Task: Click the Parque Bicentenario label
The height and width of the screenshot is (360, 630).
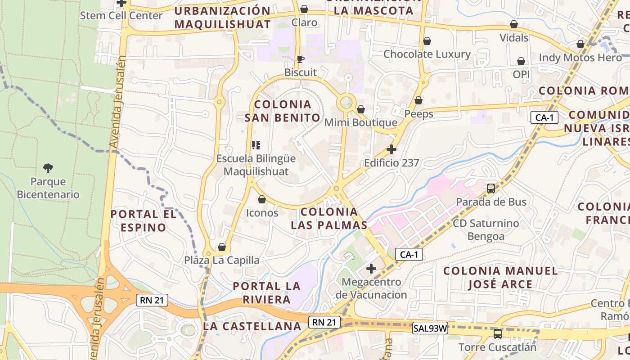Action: (x=48, y=188)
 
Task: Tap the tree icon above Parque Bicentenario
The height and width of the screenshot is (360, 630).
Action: (x=48, y=168)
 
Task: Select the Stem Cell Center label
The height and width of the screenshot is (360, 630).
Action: (x=121, y=15)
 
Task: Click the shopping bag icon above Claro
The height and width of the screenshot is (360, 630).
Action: (x=304, y=9)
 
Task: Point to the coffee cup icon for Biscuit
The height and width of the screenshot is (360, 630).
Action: (x=300, y=59)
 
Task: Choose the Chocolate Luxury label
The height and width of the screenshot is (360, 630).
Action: (x=427, y=54)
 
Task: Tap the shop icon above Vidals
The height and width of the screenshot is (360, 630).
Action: (x=514, y=24)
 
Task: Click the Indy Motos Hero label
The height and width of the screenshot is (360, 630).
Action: (x=580, y=58)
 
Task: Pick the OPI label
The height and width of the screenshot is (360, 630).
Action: (x=521, y=74)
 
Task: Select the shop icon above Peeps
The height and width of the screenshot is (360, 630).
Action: (x=418, y=100)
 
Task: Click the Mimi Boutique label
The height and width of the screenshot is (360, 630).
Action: (x=360, y=122)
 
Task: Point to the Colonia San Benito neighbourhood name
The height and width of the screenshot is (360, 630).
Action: (x=283, y=111)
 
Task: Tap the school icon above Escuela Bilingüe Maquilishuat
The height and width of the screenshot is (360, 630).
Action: (x=256, y=145)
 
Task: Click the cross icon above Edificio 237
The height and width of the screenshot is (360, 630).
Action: (x=391, y=149)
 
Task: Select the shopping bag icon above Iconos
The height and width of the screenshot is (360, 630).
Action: (x=262, y=199)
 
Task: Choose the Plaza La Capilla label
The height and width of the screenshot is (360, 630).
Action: (x=221, y=260)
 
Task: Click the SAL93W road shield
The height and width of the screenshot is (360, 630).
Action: (x=430, y=328)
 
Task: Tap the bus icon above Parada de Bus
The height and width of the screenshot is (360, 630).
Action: (x=491, y=189)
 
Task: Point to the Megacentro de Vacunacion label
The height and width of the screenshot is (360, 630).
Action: (x=371, y=288)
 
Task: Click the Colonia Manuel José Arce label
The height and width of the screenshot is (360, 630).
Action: (x=500, y=277)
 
